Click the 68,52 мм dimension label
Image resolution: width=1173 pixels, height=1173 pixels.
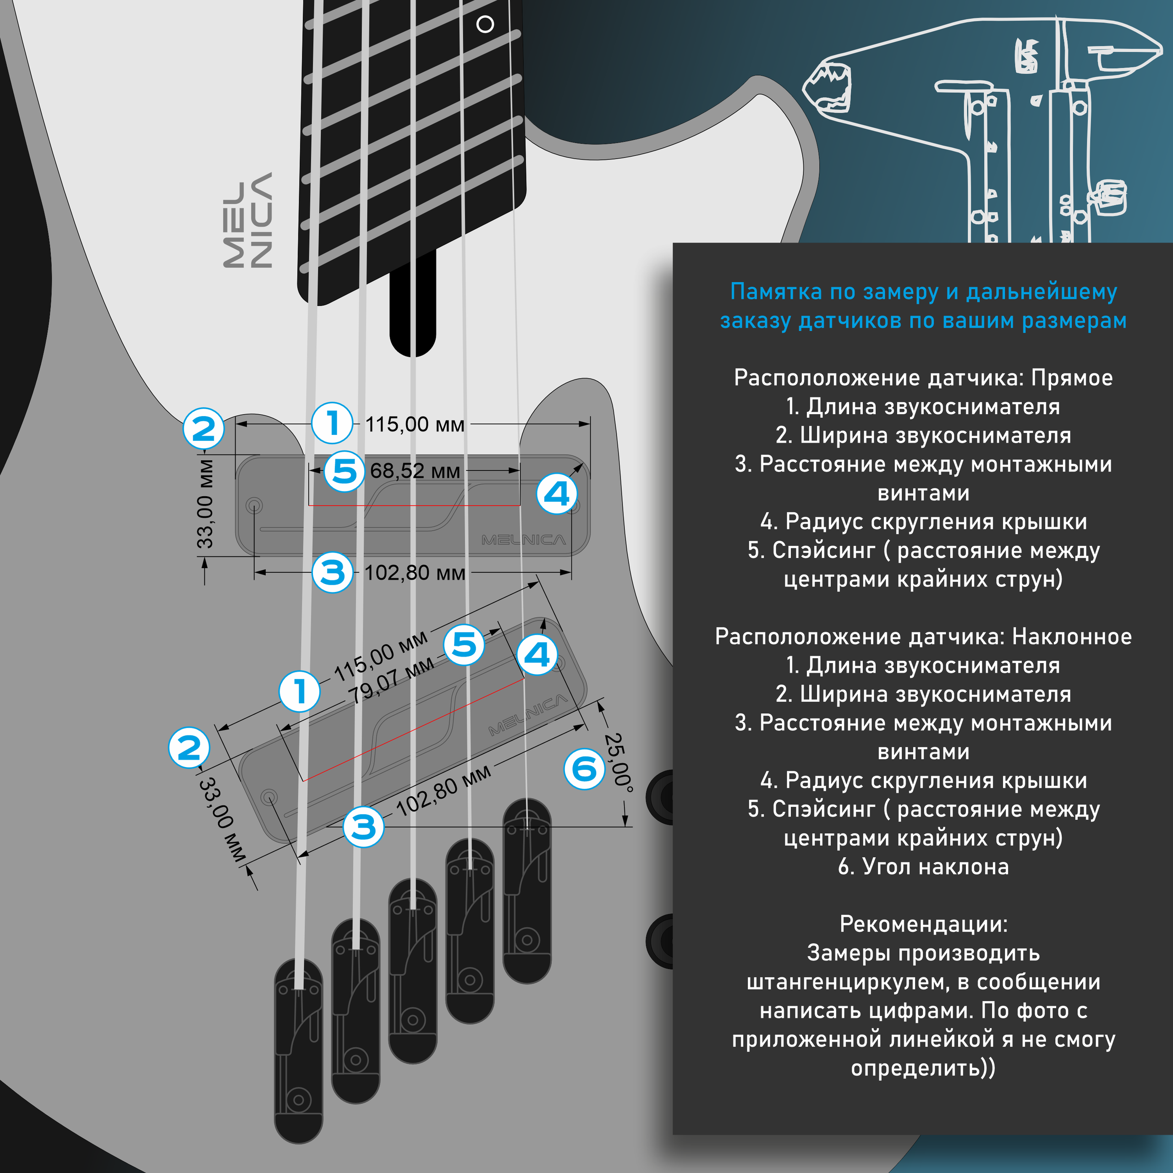415,471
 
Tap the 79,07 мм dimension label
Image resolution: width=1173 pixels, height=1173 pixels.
392,680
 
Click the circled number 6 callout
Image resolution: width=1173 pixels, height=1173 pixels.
585,769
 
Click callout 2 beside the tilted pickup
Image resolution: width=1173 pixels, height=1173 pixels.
189,747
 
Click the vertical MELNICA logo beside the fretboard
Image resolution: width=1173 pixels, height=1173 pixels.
248,220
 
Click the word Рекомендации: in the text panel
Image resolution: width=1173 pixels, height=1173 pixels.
923,924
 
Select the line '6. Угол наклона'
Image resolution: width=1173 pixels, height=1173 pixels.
923,866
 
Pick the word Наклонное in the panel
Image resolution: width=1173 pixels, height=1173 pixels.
1072,636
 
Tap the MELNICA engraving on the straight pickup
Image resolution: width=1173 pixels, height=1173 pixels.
523,540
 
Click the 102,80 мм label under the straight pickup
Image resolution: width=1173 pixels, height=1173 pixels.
415,573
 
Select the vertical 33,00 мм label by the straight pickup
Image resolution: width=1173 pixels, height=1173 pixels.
205,503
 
